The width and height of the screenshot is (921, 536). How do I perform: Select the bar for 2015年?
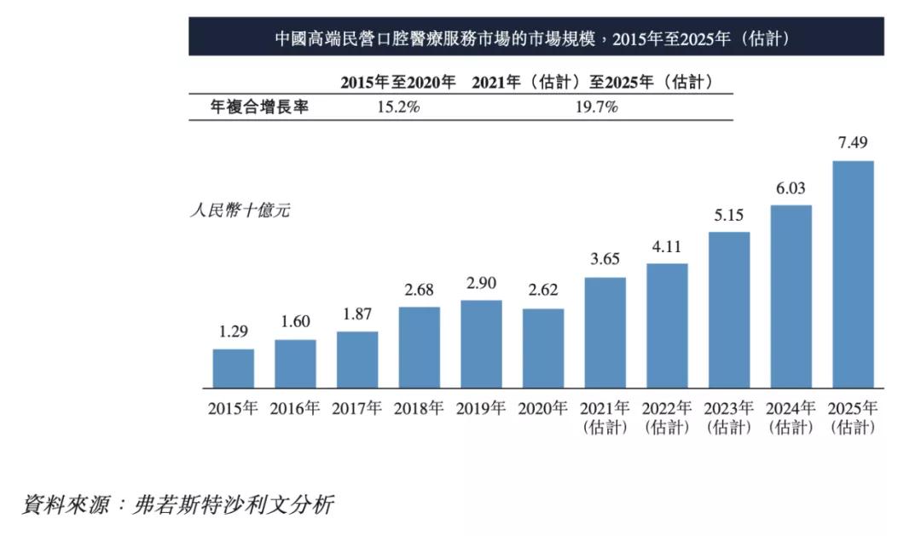click(x=233, y=368)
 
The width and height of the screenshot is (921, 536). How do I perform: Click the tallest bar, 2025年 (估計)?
click(x=853, y=274)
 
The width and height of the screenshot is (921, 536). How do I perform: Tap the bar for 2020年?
click(x=543, y=348)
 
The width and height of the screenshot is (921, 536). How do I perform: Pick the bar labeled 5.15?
click(x=729, y=310)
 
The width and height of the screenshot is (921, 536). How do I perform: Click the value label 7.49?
click(x=853, y=143)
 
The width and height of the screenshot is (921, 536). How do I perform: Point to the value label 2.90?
click(x=481, y=283)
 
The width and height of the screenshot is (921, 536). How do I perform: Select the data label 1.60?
click(x=295, y=322)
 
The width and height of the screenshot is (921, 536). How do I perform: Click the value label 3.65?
click(x=605, y=260)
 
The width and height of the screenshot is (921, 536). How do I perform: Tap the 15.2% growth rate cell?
click(x=397, y=107)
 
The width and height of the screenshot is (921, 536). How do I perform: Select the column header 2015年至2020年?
click(x=398, y=82)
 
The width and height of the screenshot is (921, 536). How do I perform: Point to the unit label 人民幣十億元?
click(x=240, y=210)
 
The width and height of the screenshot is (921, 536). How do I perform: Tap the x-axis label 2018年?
click(x=419, y=409)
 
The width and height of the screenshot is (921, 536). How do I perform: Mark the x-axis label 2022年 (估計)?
click(x=667, y=418)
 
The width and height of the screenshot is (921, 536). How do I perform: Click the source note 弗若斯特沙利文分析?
click(x=232, y=504)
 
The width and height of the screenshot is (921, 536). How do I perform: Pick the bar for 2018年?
click(x=419, y=347)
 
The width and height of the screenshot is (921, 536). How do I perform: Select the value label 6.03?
click(x=791, y=188)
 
